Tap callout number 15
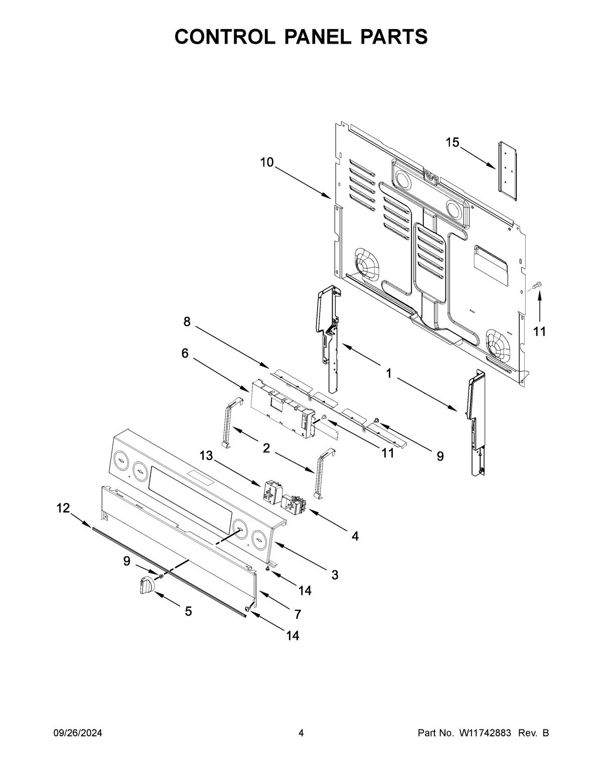(452, 143)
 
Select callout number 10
(267, 163)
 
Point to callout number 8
(187, 322)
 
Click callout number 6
(185, 354)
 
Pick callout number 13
(206, 455)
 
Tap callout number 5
(188, 611)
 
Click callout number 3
(335, 575)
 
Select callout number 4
(355, 536)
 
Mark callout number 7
(297, 614)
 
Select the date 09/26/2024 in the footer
(78, 733)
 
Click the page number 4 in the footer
(301, 733)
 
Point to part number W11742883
(484, 733)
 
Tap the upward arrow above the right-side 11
(540, 308)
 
